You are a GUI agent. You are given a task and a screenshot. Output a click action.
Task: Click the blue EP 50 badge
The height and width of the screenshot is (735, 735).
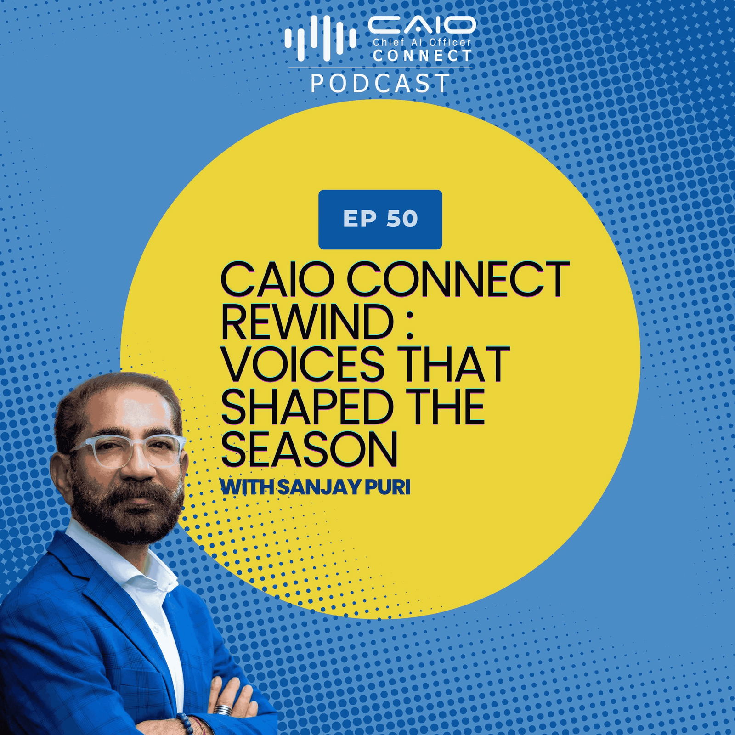(x=380, y=219)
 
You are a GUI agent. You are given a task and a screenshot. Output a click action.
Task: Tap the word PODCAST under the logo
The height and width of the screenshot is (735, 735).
(x=380, y=83)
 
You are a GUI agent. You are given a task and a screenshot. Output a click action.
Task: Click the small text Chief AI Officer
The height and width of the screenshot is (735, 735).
(x=422, y=43)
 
